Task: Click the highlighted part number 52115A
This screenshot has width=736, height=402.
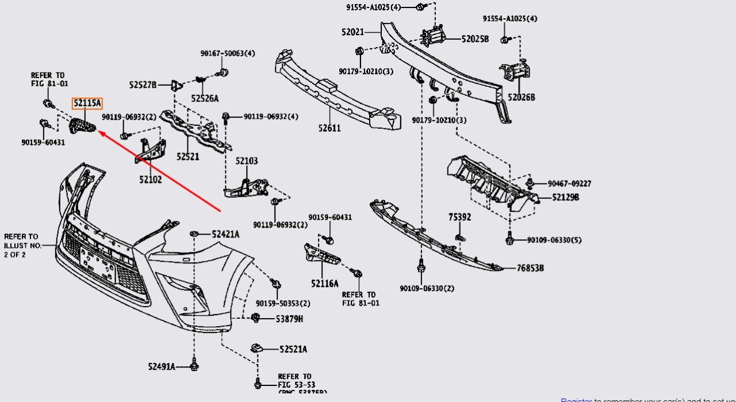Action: point(87,104)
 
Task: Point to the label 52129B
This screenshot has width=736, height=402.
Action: point(565,197)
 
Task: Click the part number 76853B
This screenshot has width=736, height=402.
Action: point(530,268)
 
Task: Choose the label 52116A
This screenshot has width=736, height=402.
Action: point(325,283)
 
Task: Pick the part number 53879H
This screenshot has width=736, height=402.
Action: point(289,319)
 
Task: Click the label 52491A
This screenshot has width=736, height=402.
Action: point(162,366)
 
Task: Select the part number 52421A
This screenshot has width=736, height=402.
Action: point(225,234)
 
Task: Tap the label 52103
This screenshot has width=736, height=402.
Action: point(247,161)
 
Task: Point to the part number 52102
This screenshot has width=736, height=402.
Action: point(150,179)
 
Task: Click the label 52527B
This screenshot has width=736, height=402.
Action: point(143,85)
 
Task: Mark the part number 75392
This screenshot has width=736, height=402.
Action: point(460,217)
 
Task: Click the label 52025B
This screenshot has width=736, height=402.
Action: point(475,39)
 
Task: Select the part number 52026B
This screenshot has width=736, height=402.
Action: point(521,98)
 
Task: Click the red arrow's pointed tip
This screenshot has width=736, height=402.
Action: point(98,132)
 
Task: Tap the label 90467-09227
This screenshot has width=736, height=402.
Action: point(569,184)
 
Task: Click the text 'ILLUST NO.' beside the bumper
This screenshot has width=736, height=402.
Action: point(23,246)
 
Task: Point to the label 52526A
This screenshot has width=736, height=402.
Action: point(205,98)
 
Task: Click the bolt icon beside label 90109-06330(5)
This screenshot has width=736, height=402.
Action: point(509,239)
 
